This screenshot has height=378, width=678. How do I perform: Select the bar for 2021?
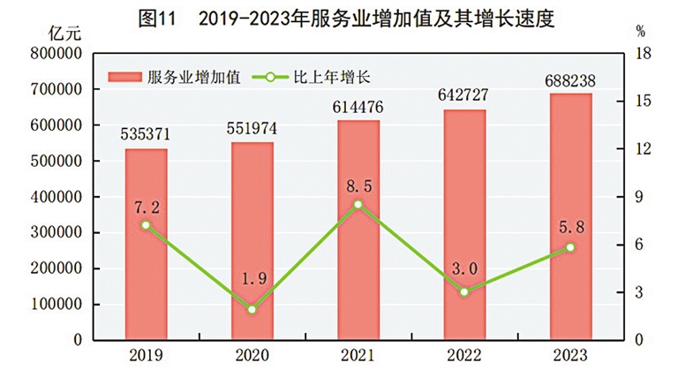(x=358, y=230)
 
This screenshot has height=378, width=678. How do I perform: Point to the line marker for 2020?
(x=252, y=309)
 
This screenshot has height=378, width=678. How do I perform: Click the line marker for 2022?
(x=463, y=291)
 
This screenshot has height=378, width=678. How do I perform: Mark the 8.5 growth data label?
(x=358, y=186)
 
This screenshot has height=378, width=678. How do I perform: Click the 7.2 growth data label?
(x=146, y=207)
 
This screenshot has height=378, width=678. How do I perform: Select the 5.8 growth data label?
(x=569, y=228)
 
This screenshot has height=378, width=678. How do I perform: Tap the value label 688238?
(x=569, y=80)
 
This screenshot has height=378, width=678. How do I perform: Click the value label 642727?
(x=463, y=97)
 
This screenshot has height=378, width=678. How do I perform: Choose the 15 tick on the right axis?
(x=644, y=102)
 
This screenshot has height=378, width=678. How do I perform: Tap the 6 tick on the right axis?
(x=640, y=245)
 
